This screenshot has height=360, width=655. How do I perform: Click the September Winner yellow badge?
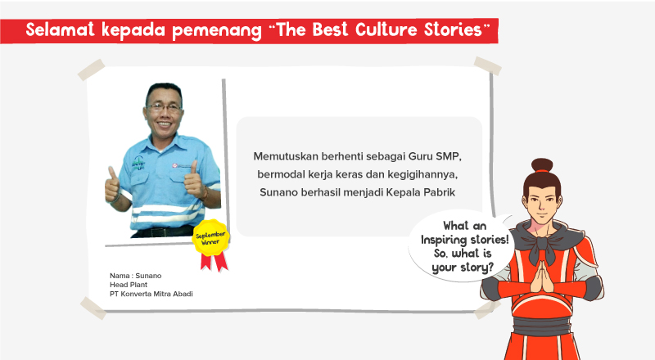coord(210,236)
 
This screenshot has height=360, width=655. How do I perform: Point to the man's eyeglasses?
coord(165,106)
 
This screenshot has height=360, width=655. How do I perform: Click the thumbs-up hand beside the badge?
coord(193,178)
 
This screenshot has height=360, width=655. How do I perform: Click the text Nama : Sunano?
coord(136,275)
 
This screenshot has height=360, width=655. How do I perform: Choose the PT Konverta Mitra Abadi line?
coord(151,293)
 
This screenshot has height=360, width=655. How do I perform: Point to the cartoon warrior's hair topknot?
coord(542,168)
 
